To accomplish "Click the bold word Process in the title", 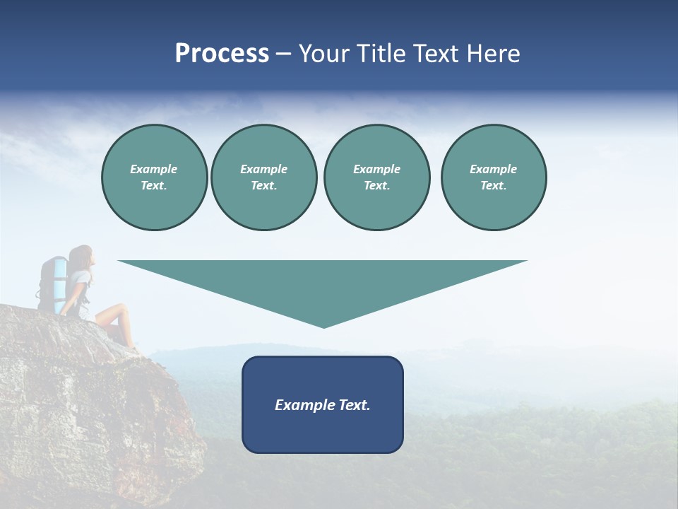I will (222, 54).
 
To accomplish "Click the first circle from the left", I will (154, 177).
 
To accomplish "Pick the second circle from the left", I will (263, 177).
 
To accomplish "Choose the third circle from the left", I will (376, 177).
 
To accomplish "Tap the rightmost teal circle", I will (493, 177).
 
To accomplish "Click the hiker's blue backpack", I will (54, 283).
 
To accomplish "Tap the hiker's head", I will (81, 256).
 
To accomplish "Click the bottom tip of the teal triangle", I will (323, 326).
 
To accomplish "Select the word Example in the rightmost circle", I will (493, 169).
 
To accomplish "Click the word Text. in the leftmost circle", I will (154, 186).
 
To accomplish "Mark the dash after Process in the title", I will (284, 54).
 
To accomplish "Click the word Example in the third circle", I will (376, 169).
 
